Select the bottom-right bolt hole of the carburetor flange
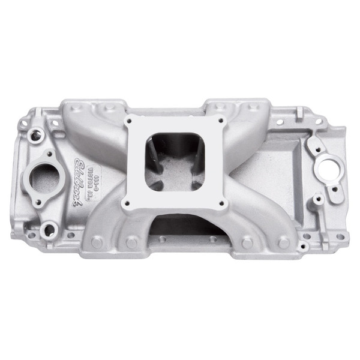coord(222,203)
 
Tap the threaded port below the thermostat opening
coord(49,227)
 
